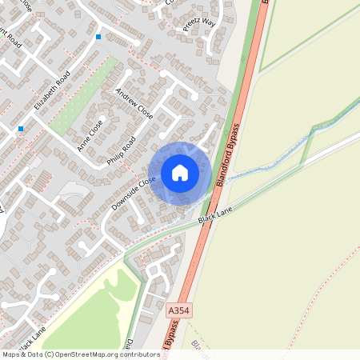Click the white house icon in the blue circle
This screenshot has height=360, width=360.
coord(179,173)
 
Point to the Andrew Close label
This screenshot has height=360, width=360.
coord(134,102)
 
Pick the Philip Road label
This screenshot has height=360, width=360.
coord(122,150)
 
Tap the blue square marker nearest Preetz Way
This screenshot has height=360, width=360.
coord(98,37)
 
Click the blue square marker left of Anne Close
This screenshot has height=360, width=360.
coord(21,128)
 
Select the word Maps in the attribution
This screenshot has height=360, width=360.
coord(11,354)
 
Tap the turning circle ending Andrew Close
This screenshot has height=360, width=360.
coord(163,74)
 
